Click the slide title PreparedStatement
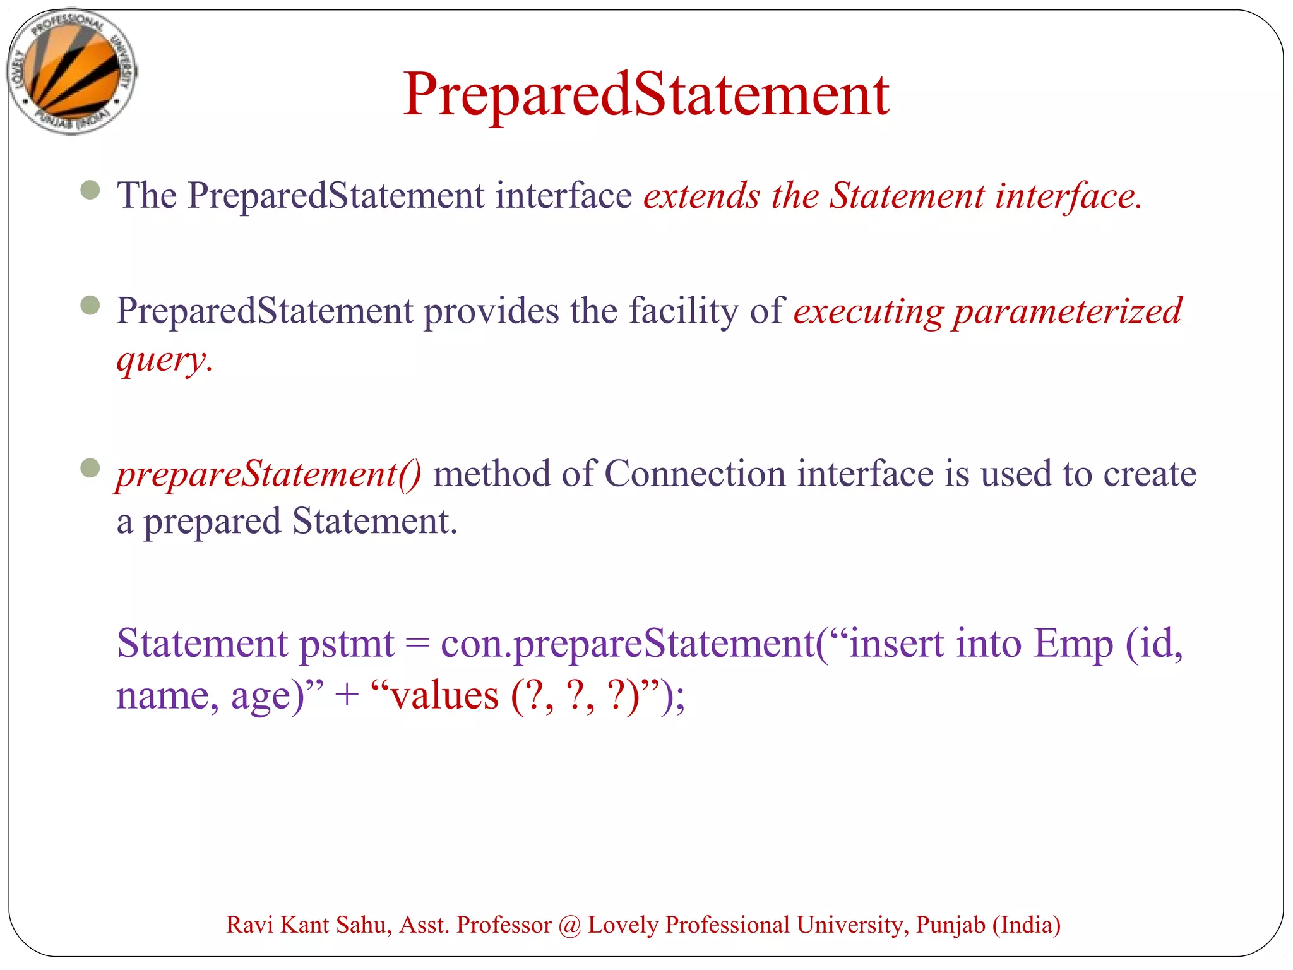click(x=646, y=95)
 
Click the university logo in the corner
click(x=72, y=71)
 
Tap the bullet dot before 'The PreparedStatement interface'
click(x=90, y=190)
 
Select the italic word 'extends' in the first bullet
click(x=701, y=196)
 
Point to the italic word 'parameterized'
click(x=1067, y=311)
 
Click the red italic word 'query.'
click(x=164, y=360)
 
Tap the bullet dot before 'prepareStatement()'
click(x=90, y=468)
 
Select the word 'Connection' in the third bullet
click(x=694, y=474)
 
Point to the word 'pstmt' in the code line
click(x=346, y=644)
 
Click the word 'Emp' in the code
click(x=1073, y=644)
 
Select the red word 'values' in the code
click(x=444, y=697)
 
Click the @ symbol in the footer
click(x=569, y=926)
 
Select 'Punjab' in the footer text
click(x=950, y=925)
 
